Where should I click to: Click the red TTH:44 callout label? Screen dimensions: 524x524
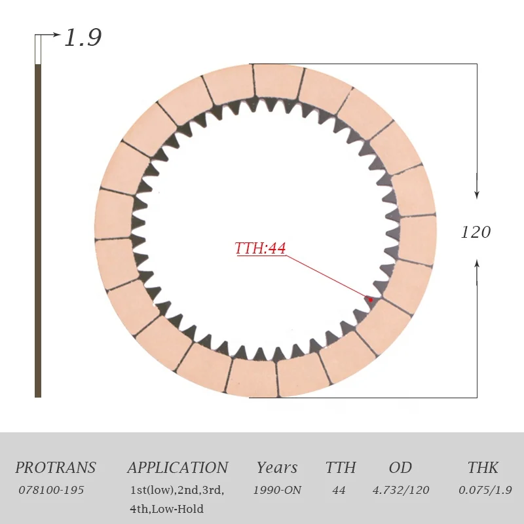click(x=260, y=248)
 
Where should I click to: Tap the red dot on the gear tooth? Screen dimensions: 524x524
click(x=370, y=300)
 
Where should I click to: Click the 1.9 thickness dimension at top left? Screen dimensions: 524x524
click(x=83, y=37)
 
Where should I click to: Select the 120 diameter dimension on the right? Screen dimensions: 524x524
click(x=476, y=232)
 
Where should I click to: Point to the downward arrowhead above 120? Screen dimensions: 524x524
click(x=477, y=195)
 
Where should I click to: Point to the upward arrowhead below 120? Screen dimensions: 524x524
click(x=477, y=264)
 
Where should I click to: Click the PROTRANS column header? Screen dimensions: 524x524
click(x=56, y=468)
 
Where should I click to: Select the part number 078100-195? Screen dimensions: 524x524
click(x=51, y=490)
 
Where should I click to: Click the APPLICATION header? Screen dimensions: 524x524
click(x=178, y=468)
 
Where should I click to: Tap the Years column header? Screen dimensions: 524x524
click(x=277, y=468)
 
